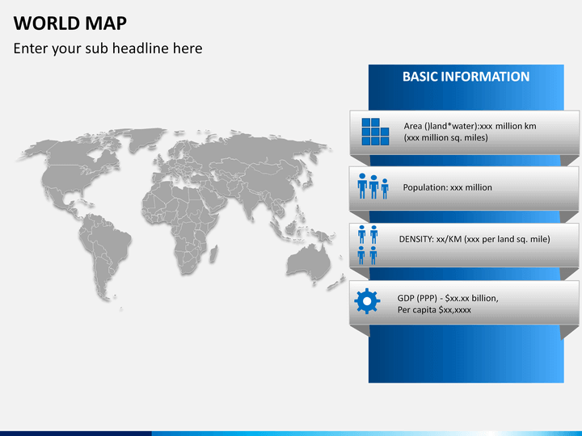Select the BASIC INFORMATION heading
point(466,77)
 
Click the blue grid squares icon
point(375,132)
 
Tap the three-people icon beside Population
point(373,187)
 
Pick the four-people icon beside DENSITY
point(368,245)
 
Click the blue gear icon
point(367,301)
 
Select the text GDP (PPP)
point(417,299)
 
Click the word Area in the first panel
point(413,126)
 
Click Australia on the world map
point(308,262)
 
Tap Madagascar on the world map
point(213,254)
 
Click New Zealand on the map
point(337,281)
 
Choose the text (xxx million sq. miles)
point(445,137)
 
